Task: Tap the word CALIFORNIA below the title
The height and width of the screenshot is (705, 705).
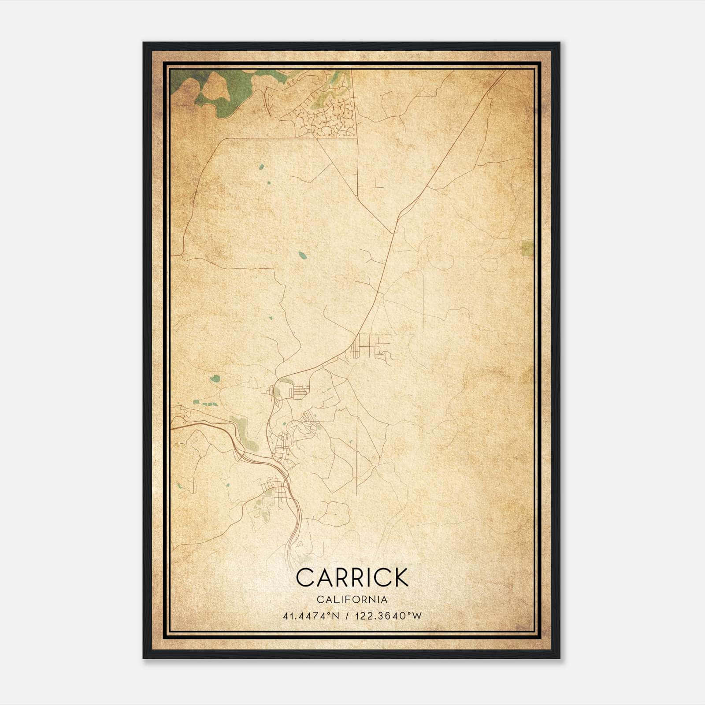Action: pyautogui.click(x=352, y=599)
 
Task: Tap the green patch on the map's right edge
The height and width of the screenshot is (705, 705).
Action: pyautogui.click(x=527, y=249)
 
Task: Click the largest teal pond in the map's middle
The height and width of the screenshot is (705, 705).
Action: pyautogui.click(x=302, y=255)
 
